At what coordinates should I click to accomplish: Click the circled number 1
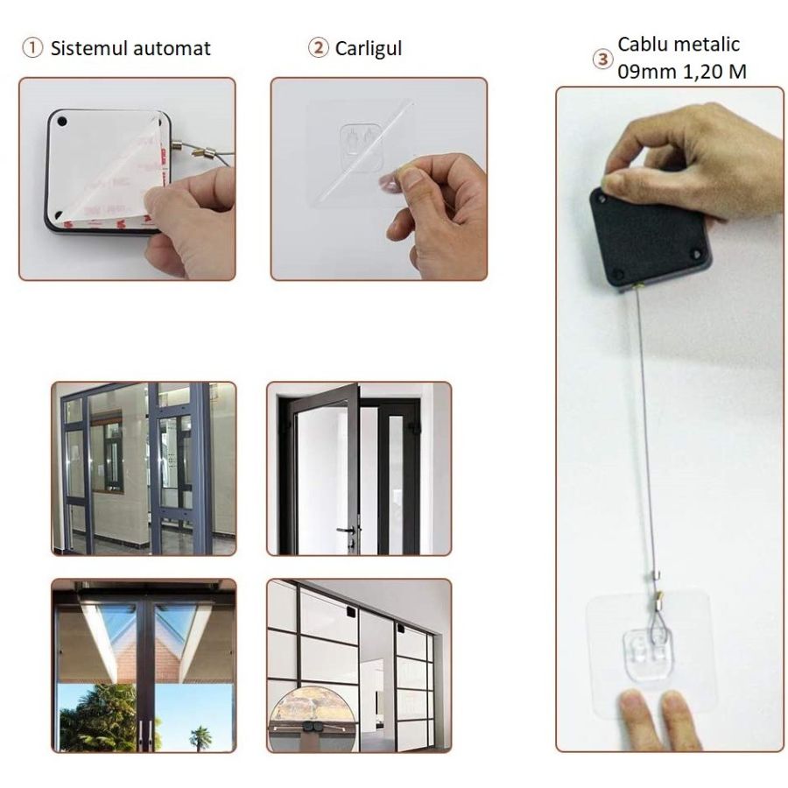pyautogui.click(x=32, y=48)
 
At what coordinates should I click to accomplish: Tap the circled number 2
pyautogui.click(x=318, y=48)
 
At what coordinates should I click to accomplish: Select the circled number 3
pyautogui.click(x=602, y=60)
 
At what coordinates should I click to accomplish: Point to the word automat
pyautogui.click(x=172, y=49)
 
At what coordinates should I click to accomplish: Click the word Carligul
pyautogui.click(x=369, y=49)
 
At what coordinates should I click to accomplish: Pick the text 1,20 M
pyautogui.click(x=714, y=72)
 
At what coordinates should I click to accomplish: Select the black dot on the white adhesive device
pyautogui.click(x=62, y=121)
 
